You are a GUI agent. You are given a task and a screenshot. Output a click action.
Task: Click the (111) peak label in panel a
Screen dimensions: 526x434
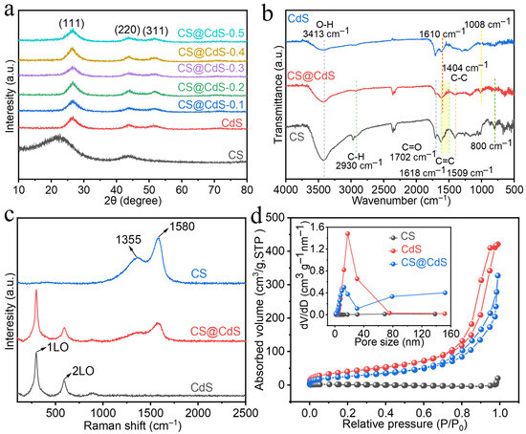click(72, 24)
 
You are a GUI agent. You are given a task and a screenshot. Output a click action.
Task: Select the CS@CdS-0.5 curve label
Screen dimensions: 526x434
click(210, 33)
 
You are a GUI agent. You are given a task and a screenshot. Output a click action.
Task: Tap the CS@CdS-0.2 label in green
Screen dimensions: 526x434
click(210, 87)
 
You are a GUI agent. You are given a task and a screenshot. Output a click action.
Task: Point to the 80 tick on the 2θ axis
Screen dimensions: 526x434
click(247, 190)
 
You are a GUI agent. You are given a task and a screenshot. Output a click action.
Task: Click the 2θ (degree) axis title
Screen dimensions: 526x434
click(133, 201)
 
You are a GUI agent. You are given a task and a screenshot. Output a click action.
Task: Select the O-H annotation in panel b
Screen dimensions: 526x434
click(325, 24)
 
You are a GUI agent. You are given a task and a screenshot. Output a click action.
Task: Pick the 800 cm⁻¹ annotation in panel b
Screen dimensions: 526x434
click(492, 145)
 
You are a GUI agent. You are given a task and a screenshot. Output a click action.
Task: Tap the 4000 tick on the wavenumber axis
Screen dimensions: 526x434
click(286, 190)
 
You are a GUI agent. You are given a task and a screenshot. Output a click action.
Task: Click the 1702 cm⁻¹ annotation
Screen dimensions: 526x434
click(412, 156)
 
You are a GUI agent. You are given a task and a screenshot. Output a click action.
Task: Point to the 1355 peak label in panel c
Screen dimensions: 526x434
click(129, 240)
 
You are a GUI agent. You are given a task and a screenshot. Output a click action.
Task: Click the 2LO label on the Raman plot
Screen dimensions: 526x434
click(83, 371)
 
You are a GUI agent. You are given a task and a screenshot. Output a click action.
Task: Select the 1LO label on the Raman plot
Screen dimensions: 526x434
click(57, 347)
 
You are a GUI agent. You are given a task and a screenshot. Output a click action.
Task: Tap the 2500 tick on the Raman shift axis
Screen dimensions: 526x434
click(246, 413)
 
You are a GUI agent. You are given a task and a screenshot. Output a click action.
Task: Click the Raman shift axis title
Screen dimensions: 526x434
click(133, 425)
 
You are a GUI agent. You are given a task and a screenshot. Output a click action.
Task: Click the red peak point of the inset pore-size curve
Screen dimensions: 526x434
click(348, 233)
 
